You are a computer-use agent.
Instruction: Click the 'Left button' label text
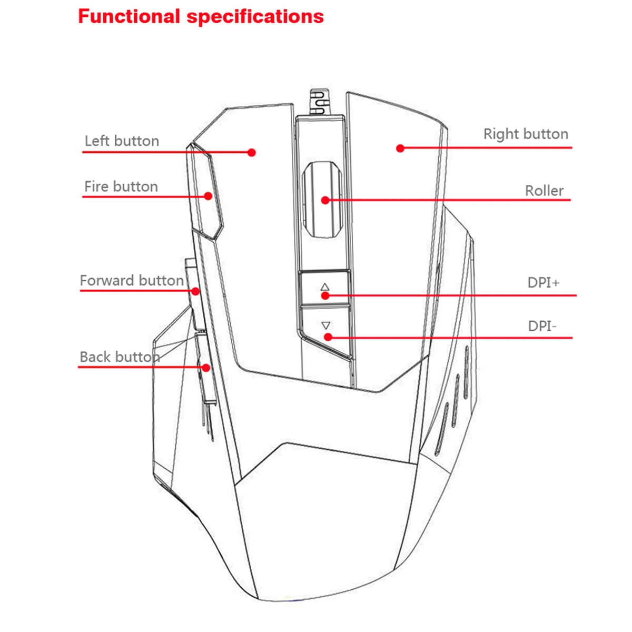(122, 141)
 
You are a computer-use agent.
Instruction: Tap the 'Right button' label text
(526, 134)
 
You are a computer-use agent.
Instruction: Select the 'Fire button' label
(121, 186)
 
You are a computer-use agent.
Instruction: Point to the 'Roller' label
(544, 191)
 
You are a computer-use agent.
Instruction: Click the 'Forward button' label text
(132, 280)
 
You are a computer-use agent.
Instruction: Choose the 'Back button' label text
(120, 357)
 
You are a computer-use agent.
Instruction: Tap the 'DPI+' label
(544, 283)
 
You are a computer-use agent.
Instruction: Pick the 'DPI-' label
(542, 326)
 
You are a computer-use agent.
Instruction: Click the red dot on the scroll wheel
(325, 200)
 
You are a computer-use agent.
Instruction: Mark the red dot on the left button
(252, 153)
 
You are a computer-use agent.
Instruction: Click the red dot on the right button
(400, 149)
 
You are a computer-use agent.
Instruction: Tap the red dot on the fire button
(208, 196)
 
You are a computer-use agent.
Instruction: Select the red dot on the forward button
(195, 291)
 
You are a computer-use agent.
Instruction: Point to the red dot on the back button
(206, 368)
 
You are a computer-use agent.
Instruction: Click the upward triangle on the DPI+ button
(325, 287)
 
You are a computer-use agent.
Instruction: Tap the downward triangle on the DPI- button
(325, 325)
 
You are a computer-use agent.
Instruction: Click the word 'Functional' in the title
(129, 16)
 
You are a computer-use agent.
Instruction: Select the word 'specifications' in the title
(255, 17)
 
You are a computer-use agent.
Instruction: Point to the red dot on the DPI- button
(328, 337)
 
